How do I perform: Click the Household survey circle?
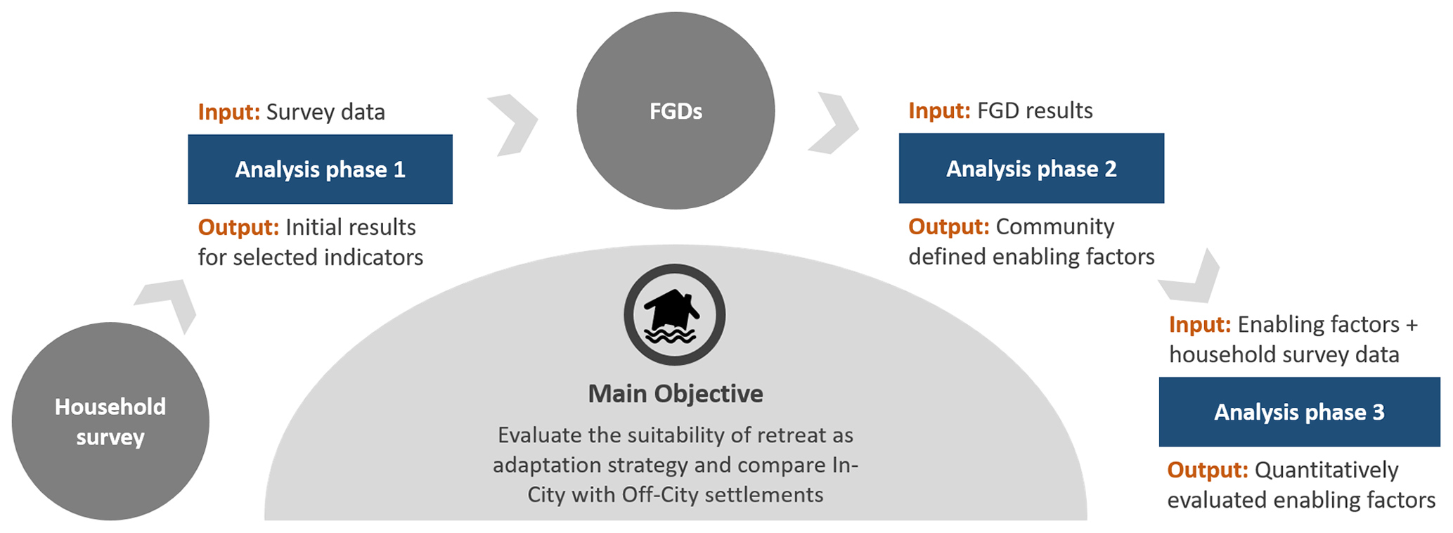pyautogui.click(x=110, y=421)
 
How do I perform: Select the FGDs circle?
pyautogui.click(x=676, y=110)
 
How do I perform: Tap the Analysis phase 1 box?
pyautogui.click(x=320, y=169)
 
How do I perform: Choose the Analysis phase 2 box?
pyautogui.click(x=1031, y=169)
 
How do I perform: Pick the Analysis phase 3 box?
pyautogui.click(x=1299, y=412)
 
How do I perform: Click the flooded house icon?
pyautogui.click(x=674, y=315)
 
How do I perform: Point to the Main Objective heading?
pyautogui.click(x=675, y=394)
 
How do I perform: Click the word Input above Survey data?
pyautogui.click(x=228, y=113)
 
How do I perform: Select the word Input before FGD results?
pyautogui.click(x=939, y=111)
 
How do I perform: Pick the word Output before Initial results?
pyautogui.click(x=238, y=228)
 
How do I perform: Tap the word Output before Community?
pyautogui.click(x=949, y=227)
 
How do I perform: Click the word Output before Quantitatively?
pyautogui.click(x=1208, y=470)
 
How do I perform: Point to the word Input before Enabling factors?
pyautogui.click(x=1199, y=325)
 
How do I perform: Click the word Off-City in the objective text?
pyautogui.click(x=660, y=495)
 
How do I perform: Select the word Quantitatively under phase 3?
pyautogui.click(x=1326, y=470)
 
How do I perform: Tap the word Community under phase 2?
pyautogui.click(x=1054, y=227)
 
